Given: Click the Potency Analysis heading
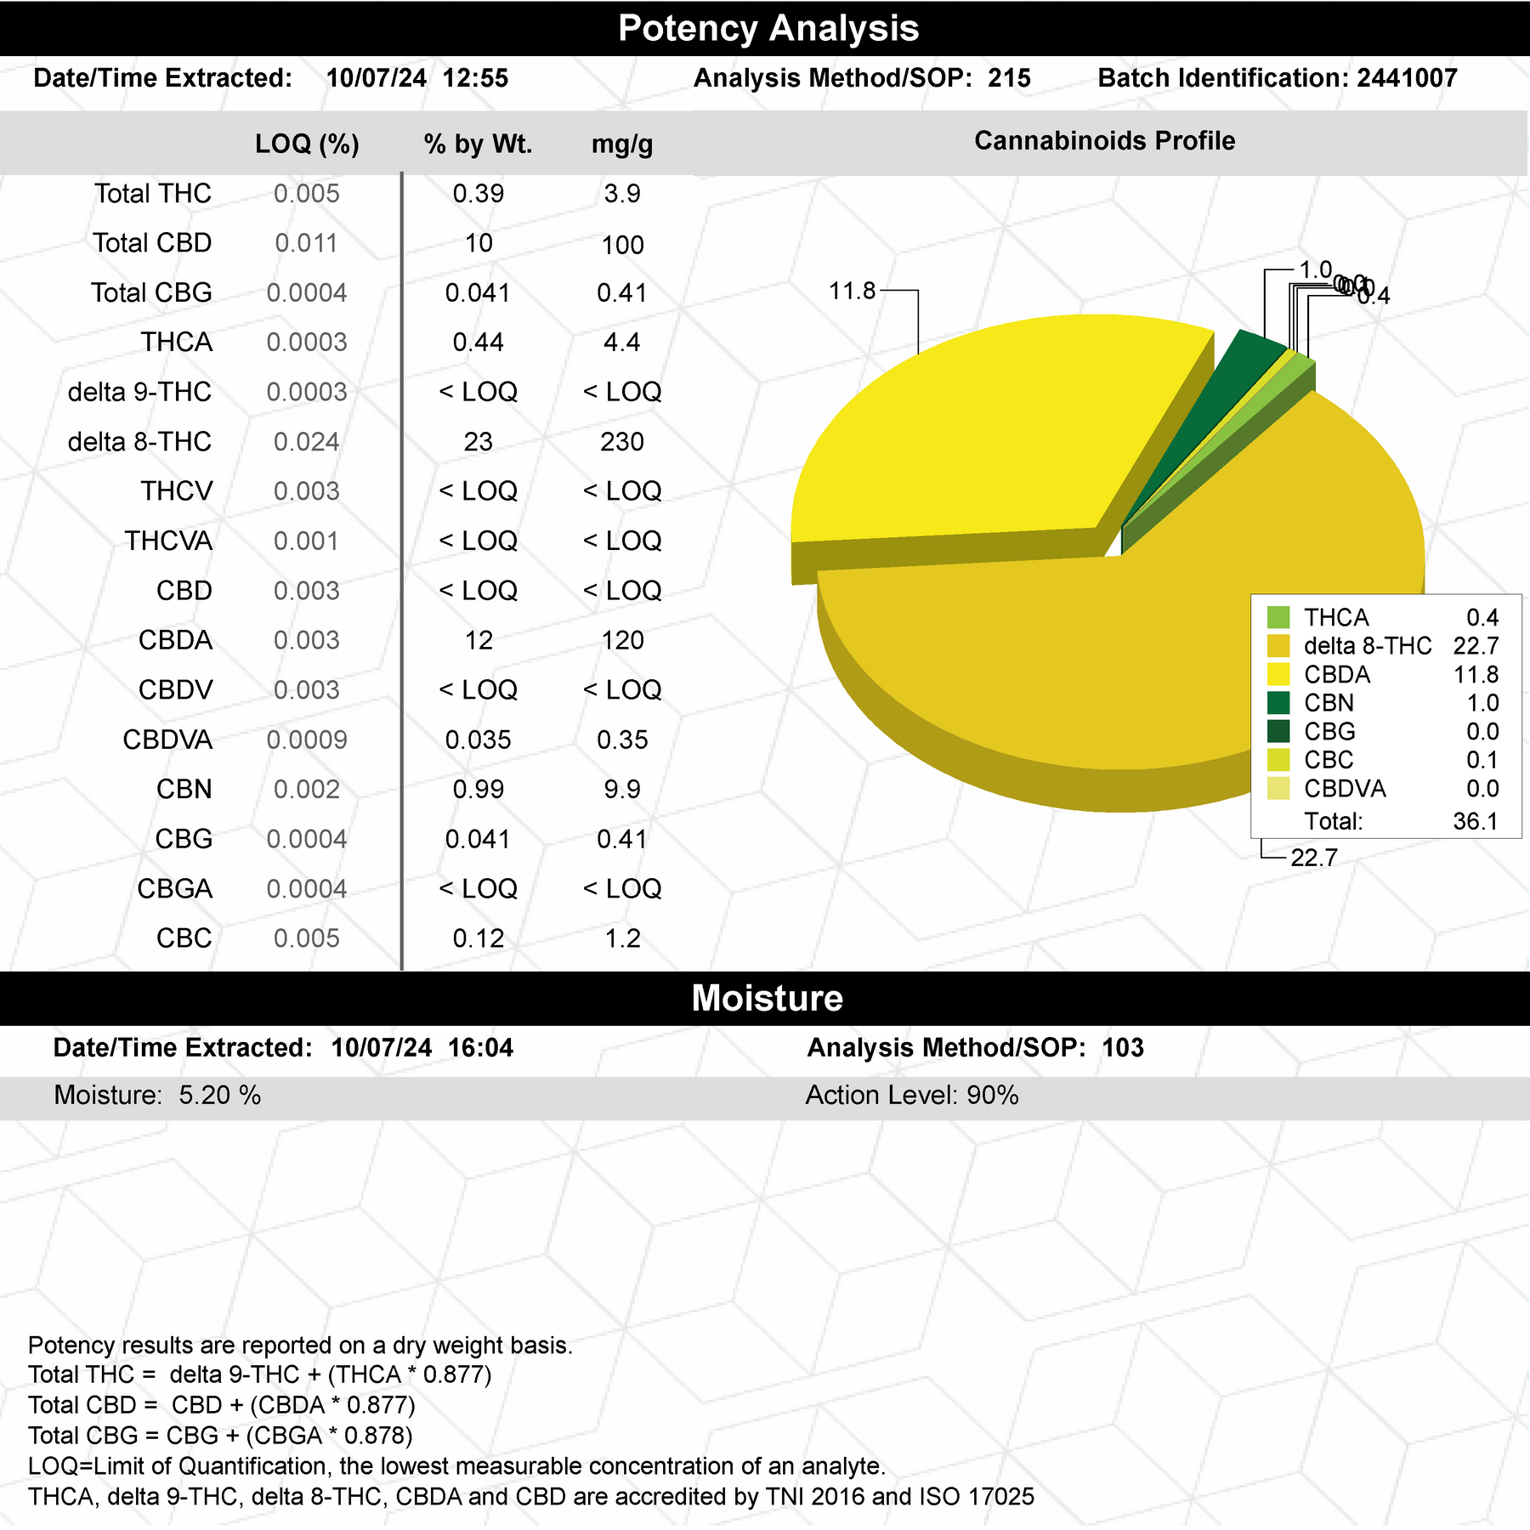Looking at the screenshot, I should (768, 28).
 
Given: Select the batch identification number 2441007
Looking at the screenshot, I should (1407, 78).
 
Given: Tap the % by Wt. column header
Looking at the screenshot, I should (478, 144).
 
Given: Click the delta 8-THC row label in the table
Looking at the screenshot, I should (139, 442).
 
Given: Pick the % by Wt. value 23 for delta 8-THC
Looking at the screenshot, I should (478, 442).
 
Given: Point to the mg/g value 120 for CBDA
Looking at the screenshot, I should (622, 640).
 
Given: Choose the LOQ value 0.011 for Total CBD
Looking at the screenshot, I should (306, 243).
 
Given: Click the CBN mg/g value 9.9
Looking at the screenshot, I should (622, 789).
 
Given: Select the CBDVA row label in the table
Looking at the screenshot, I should (167, 739).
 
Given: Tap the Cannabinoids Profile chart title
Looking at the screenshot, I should (1104, 141).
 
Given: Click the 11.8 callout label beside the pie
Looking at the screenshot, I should (852, 292).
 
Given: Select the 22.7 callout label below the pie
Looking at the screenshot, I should (1314, 858).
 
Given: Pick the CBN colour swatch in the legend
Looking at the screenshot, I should (1278, 703).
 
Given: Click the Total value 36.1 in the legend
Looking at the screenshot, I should (1476, 821).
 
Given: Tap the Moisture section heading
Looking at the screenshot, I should (767, 998).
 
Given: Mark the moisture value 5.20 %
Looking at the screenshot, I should (219, 1095).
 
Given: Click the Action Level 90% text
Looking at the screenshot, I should (912, 1095).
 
